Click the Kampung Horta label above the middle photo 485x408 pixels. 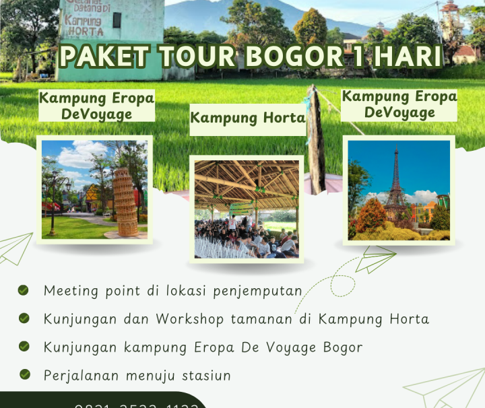(x=247, y=118)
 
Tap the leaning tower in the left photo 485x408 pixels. (x=124, y=201)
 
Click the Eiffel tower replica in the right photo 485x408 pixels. (x=395, y=189)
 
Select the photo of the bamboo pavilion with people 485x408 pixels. (x=247, y=209)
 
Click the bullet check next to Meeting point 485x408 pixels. (x=24, y=290)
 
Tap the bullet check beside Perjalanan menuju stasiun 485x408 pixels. (x=24, y=374)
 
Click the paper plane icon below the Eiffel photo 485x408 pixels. (x=374, y=259)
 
